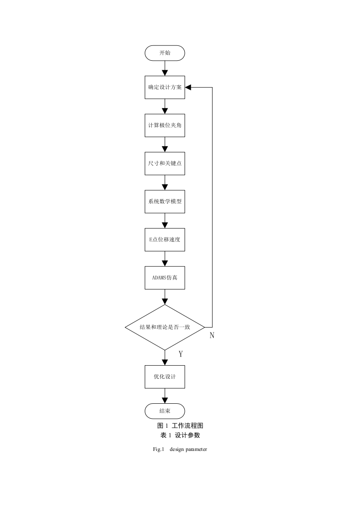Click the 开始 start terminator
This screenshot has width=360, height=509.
(165, 53)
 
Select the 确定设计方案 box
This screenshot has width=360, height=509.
(165, 87)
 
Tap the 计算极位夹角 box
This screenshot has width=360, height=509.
(165, 125)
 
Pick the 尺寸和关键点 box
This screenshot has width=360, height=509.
(165, 164)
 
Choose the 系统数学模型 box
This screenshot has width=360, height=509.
(165, 201)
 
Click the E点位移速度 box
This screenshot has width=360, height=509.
(165, 240)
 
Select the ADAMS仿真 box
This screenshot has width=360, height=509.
(165, 278)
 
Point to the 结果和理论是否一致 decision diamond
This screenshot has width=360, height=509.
(165, 327)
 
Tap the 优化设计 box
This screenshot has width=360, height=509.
(165, 377)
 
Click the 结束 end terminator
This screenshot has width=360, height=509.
(165, 411)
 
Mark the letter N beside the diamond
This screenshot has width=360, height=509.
(212, 335)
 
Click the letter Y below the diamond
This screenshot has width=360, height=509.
(181, 354)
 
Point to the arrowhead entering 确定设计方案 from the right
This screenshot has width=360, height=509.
(188, 87)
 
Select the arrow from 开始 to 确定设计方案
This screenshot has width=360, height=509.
(165, 68)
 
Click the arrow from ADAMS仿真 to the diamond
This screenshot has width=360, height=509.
(165, 297)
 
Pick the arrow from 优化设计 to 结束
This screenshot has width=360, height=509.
(165, 396)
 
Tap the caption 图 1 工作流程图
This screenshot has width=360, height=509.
(180, 426)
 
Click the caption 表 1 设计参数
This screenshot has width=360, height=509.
(180, 436)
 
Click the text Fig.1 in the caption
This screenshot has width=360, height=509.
(159, 449)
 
